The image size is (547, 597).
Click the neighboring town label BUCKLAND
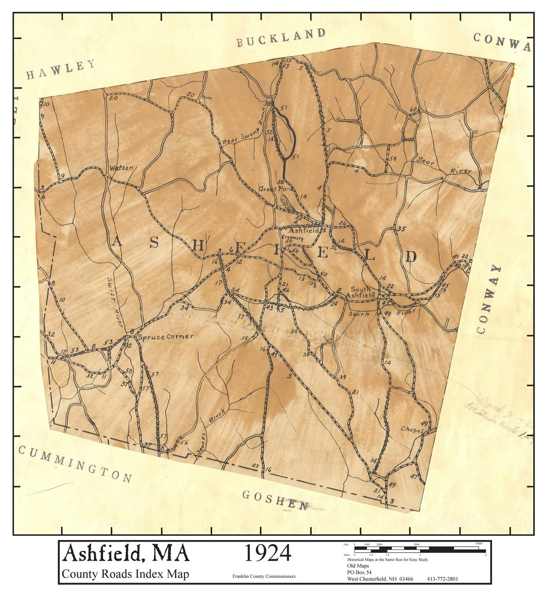coord(280,37)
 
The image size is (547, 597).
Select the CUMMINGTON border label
coord(75,463)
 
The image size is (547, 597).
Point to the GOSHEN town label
coord(275,500)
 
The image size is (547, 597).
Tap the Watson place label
coord(121,167)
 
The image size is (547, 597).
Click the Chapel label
coord(411,429)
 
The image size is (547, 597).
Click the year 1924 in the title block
coord(268,554)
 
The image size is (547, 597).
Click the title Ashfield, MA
coord(126,554)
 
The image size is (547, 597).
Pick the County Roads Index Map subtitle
coord(126,574)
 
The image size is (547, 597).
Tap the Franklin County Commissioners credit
coord(264,576)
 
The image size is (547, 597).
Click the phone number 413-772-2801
coord(442,579)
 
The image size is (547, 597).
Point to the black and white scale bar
coord(420,549)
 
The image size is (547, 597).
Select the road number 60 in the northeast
coord(413,110)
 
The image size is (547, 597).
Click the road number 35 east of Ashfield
coord(401,229)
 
